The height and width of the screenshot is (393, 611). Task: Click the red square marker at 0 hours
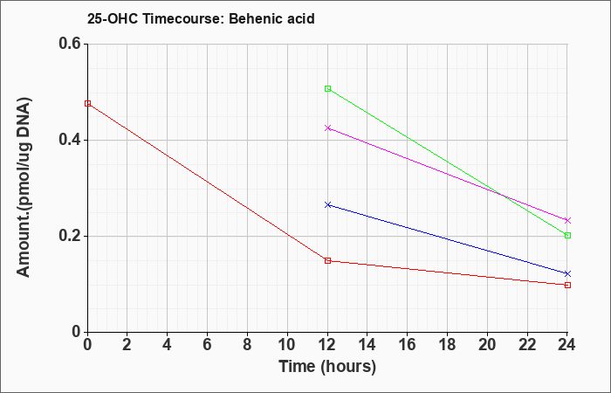[87, 103]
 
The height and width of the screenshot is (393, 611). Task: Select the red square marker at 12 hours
[327, 260]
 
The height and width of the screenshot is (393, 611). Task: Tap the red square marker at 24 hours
[567, 285]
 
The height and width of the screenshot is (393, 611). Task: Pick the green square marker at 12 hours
[327, 88]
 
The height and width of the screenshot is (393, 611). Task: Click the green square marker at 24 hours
[567, 235]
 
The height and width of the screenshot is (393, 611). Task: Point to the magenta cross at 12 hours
[327, 128]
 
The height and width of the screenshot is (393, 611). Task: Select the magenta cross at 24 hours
[567, 220]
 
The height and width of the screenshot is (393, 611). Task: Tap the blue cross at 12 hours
[327, 204]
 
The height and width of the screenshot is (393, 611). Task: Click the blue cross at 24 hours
[567, 273]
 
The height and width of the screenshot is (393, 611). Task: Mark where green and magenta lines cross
[500, 194]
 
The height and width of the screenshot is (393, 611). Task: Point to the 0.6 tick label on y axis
[70, 44]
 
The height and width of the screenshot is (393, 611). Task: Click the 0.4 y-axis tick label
[70, 140]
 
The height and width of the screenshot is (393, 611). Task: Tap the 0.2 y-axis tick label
[70, 236]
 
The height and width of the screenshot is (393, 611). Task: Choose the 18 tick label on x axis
[447, 345]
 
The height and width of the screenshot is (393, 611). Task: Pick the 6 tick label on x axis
[207, 345]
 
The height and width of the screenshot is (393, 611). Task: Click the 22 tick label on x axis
[527, 345]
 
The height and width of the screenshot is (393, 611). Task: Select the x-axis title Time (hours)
[327, 367]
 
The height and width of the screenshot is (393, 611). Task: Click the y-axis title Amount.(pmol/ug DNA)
[24, 187]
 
